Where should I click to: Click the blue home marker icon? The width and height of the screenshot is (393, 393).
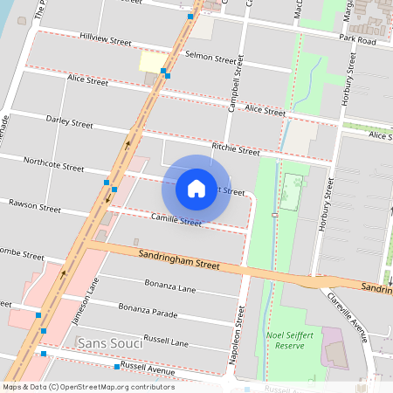196,188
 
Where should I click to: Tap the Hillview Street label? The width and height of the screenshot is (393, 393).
105,40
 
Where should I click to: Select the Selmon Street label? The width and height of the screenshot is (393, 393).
211,58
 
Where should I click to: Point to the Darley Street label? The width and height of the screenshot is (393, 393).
69,123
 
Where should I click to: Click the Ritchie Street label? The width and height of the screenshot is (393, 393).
236,149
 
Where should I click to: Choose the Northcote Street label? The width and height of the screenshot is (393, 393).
54,163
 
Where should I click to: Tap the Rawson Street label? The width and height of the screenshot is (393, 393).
35,209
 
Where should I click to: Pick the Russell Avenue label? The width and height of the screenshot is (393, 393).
148,367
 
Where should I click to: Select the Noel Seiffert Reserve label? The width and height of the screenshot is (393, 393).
289,340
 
